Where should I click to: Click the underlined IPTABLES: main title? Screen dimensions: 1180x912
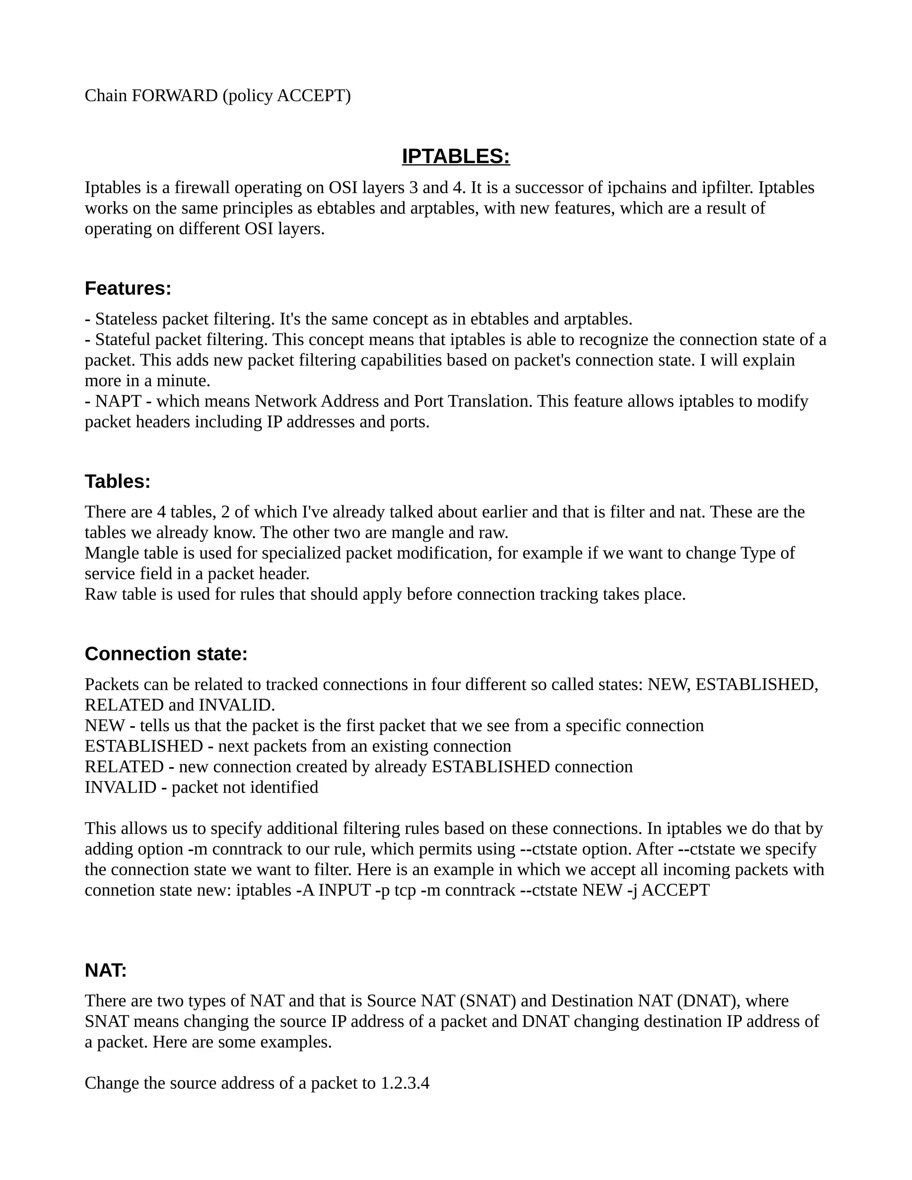[456, 156]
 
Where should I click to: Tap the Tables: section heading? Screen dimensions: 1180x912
[117, 481]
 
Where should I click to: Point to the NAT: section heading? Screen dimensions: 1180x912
[106, 970]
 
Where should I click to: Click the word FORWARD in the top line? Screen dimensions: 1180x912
[175, 96]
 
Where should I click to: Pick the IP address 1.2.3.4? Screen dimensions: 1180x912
[405, 1083]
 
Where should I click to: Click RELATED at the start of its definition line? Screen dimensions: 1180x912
[124, 767]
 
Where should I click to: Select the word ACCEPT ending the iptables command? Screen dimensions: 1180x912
[676, 890]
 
